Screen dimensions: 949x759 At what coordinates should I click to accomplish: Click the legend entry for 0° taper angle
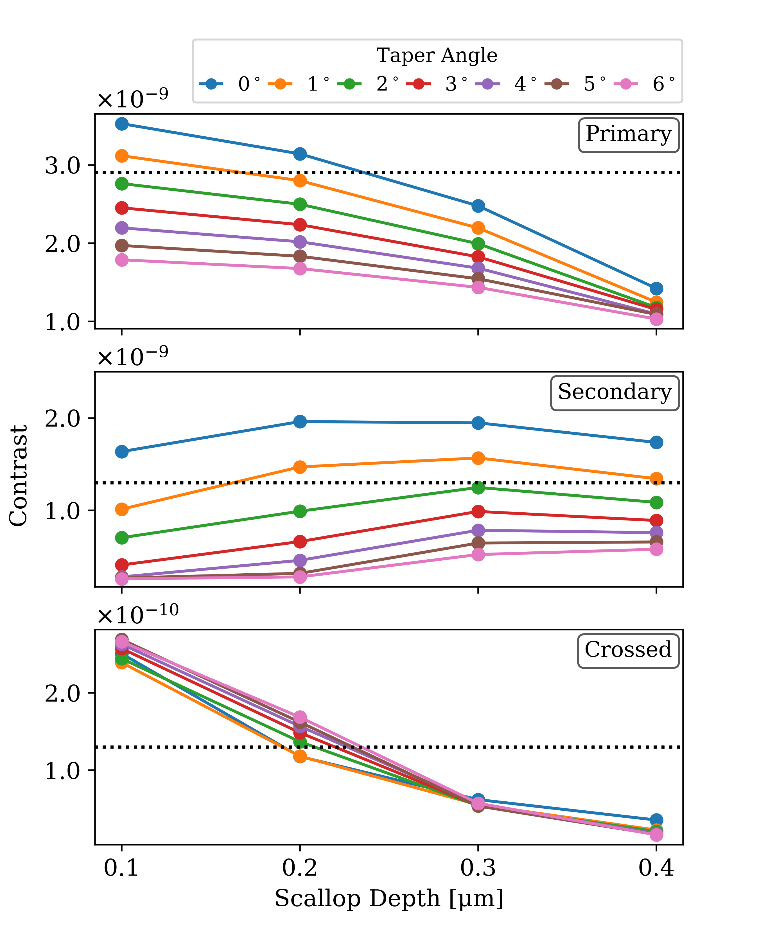(229, 84)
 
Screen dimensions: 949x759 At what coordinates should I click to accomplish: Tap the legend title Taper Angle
(437, 55)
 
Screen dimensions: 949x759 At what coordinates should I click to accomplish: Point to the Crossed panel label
(628, 651)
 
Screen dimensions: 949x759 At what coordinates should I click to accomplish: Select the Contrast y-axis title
(19, 475)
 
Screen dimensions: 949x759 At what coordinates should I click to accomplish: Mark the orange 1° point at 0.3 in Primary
(478, 228)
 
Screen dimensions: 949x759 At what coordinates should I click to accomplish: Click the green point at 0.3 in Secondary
(478, 487)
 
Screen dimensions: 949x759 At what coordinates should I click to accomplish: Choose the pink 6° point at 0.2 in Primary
(300, 269)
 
